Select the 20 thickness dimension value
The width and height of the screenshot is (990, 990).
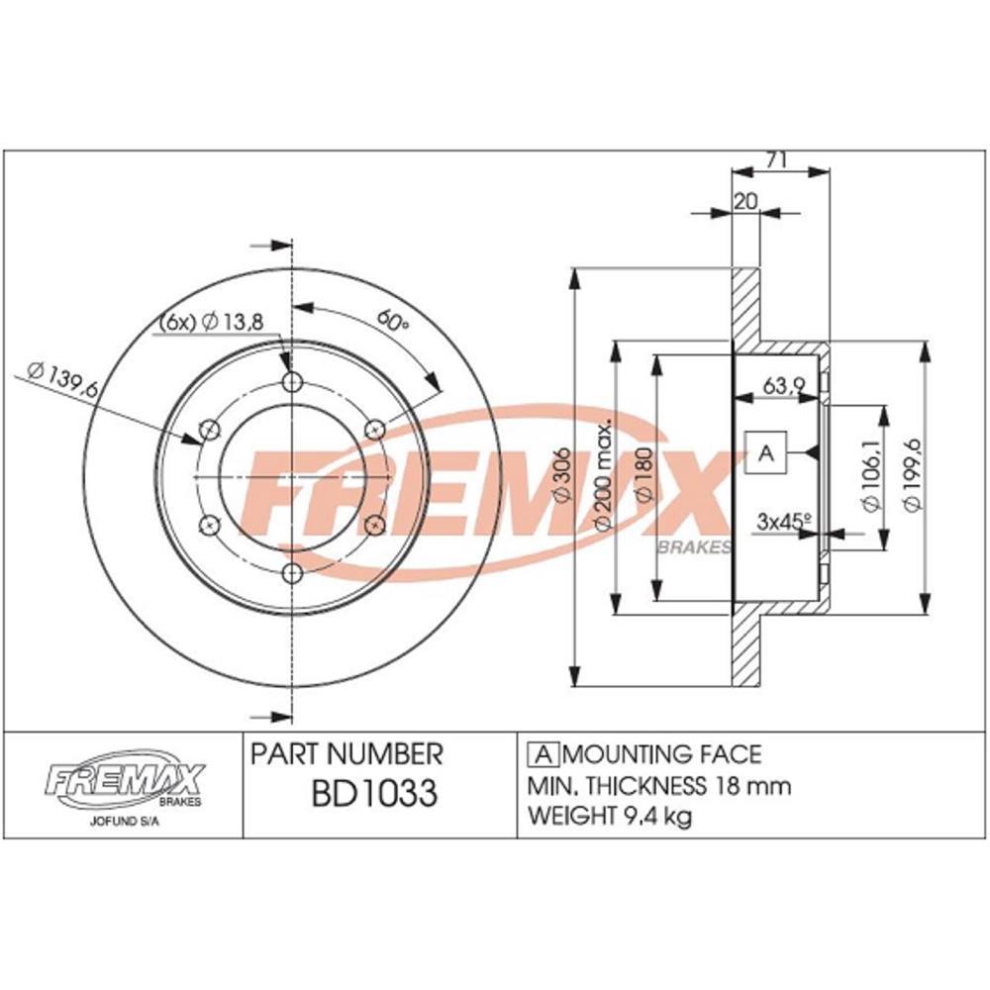(744, 200)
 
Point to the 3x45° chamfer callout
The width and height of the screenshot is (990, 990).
(782, 519)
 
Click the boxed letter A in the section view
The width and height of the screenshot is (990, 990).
(764, 453)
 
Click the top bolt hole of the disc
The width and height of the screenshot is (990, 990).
(292, 383)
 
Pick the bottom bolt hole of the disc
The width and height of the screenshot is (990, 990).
(292, 572)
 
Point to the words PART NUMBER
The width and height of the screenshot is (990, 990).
(346, 754)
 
